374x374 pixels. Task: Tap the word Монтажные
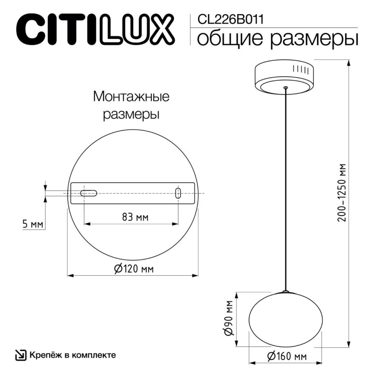131,97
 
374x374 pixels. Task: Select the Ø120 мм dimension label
134,269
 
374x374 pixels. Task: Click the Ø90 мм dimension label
228,318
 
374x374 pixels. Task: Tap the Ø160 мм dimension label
287,357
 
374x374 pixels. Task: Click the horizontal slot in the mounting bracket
88,193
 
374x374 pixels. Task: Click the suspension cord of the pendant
285,187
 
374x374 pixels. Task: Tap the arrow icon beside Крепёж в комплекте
21,355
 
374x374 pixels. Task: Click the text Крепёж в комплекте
73,355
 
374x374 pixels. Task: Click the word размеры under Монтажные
131,114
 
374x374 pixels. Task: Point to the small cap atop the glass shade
285,291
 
